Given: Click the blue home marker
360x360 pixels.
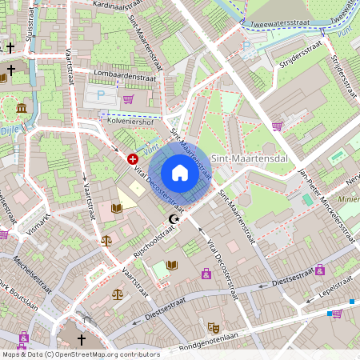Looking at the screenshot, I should [x=180, y=173].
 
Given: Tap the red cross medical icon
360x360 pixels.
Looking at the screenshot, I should [x=133, y=159].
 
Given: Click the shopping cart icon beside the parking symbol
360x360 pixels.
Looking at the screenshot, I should [x=128, y=99].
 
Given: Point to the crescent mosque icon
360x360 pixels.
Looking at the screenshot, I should [x=172, y=219].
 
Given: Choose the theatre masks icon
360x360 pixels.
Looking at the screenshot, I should [x=213, y=327].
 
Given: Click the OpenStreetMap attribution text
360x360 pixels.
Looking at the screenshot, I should [x=81, y=354].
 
